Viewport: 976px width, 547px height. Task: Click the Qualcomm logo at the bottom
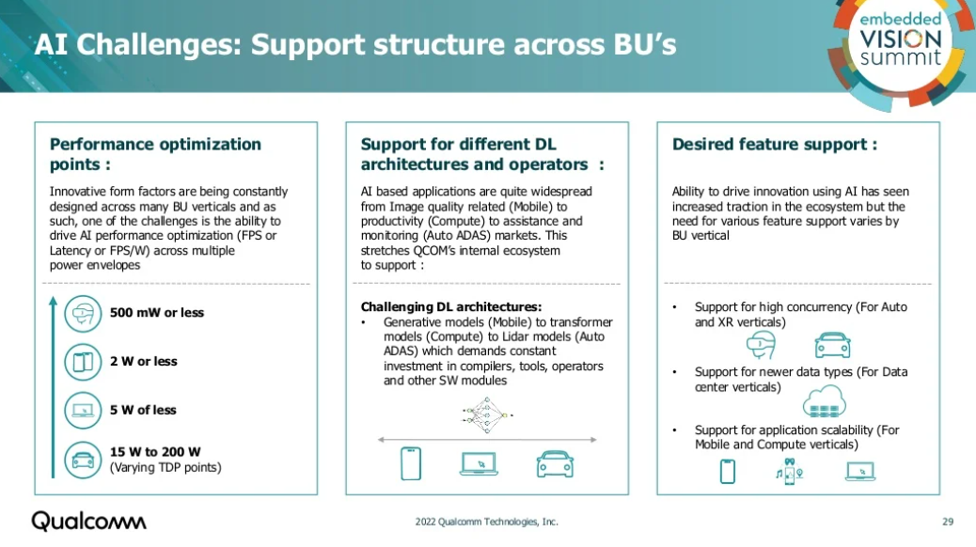point(89,521)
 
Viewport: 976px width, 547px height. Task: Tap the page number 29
point(948,522)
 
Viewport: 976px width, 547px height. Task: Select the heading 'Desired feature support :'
point(775,144)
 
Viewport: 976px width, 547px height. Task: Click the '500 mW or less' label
point(157,313)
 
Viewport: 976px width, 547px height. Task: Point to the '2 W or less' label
point(143,362)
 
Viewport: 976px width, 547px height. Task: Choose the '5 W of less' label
point(143,411)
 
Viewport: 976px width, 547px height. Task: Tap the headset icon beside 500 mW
point(83,313)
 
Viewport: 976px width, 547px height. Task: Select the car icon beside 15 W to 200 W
point(83,460)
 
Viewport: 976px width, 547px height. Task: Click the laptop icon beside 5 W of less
point(83,411)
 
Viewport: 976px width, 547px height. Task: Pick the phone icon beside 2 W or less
point(83,362)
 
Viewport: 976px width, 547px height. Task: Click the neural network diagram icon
point(488,414)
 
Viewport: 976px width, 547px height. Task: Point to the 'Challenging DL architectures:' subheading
point(451,307)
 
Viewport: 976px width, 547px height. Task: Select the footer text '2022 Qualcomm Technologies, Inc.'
point(486,522)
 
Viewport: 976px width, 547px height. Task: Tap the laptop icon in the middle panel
point(479,462)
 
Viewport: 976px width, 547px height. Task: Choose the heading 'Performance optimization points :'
point(155,154)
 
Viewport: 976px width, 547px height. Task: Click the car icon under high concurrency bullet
point(832,344)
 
